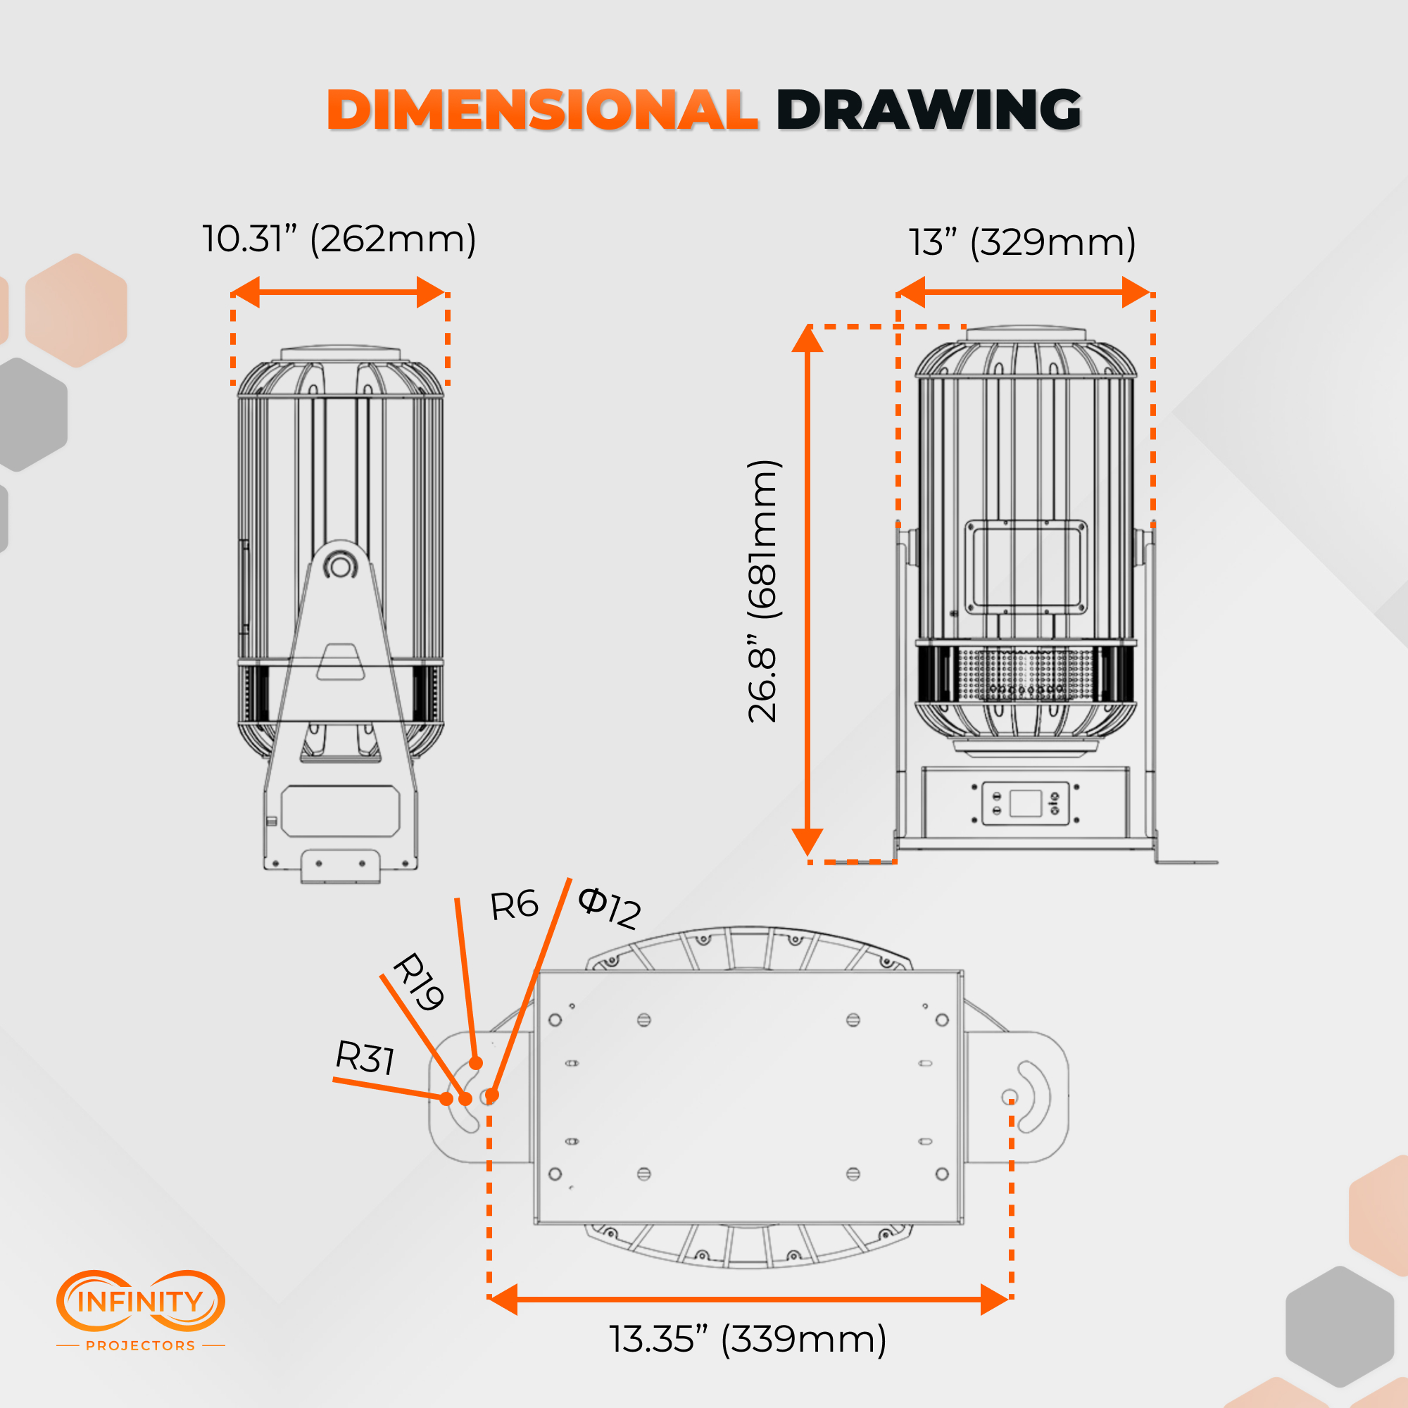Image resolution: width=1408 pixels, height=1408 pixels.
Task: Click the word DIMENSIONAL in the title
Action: tap(543, 110)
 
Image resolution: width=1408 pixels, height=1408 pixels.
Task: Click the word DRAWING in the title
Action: tap(929, 110)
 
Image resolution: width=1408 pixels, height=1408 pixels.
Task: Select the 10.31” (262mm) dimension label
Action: tap(339, 239)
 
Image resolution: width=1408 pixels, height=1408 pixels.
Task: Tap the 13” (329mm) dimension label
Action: tap(1022, 242)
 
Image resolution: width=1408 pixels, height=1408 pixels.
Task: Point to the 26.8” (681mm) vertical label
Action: tap(764, 591)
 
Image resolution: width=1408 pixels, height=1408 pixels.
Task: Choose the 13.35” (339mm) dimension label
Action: tap(748, 1340)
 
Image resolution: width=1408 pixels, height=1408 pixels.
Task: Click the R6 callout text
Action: tap(514, 905)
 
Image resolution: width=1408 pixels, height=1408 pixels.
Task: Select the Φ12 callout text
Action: tap(609, 908)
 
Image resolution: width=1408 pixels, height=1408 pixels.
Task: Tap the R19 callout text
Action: tap(418, 981)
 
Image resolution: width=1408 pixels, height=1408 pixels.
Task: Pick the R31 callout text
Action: tap(365, 1057)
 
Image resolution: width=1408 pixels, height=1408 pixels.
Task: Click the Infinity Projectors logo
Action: tap(141, 1311)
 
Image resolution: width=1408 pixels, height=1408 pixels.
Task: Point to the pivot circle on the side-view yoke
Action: tap(339, 565)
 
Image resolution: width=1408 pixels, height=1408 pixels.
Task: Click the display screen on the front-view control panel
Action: tap(1026, 803)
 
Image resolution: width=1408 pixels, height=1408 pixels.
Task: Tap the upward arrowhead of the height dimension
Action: tap(807, 339)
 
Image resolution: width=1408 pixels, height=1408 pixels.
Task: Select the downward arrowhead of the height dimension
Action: tap(807, 842)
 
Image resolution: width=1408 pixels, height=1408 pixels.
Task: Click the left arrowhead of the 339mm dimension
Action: tap(502, 1300)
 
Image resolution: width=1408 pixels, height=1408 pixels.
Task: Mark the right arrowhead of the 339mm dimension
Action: tap(995, 1300)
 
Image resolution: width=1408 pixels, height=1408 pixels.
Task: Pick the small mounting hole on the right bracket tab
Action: tap(1010, 1097)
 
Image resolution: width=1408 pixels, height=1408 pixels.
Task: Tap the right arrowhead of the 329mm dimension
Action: tap(1136, 292)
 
